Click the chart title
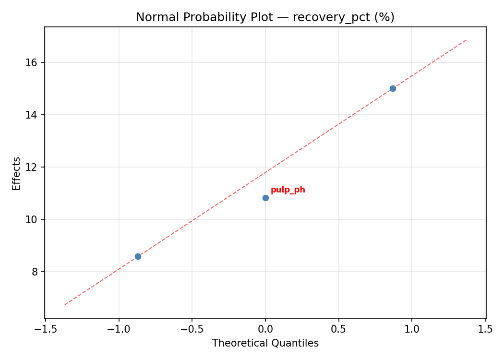[x=265, y=17]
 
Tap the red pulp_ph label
[x=288, y=190]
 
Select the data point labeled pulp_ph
[x=265, y=198]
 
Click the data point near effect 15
[x=393, y=88]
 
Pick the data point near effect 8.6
[x=138, y=256]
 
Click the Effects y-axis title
[x=17, y=173]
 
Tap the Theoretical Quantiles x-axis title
[x=265, y=343]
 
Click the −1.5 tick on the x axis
[x=45, y=329]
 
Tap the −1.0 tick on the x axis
[x=119, y=329]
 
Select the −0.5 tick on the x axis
[x=192, y=329]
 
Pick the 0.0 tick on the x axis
[x=265, y=329]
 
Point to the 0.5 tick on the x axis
[x=338, y=329]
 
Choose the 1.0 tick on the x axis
[x=412, y=329]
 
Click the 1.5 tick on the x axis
[x=485, y=329]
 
